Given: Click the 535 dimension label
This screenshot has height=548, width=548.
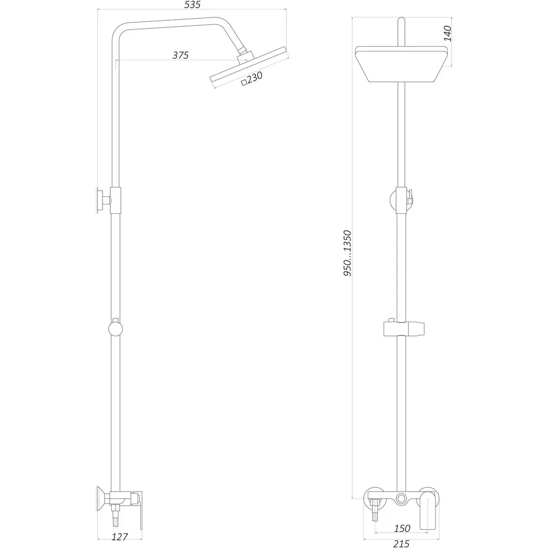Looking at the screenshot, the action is (192, 5).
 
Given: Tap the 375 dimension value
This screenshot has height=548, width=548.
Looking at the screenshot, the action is (180, 55).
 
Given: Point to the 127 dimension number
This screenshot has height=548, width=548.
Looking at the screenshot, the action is (119, 536).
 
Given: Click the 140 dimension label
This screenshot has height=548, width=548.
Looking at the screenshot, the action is (447, 33).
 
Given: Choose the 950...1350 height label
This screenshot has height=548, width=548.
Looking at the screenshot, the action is (347, 253).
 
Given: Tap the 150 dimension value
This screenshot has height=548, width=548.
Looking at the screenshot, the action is (402, 528).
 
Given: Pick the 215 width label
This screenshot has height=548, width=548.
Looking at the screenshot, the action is (401, 544).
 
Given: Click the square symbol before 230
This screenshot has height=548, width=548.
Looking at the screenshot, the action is (244, 83).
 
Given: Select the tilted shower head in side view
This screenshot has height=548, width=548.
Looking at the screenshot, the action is (249, 66).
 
